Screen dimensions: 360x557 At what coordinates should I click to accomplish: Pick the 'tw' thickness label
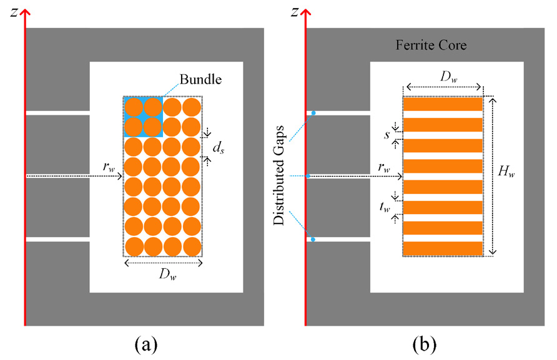387,209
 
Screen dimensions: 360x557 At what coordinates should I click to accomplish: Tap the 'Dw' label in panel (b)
444,77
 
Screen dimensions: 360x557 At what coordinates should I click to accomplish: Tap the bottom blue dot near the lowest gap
313,240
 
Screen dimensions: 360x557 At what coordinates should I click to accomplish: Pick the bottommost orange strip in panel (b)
443,248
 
